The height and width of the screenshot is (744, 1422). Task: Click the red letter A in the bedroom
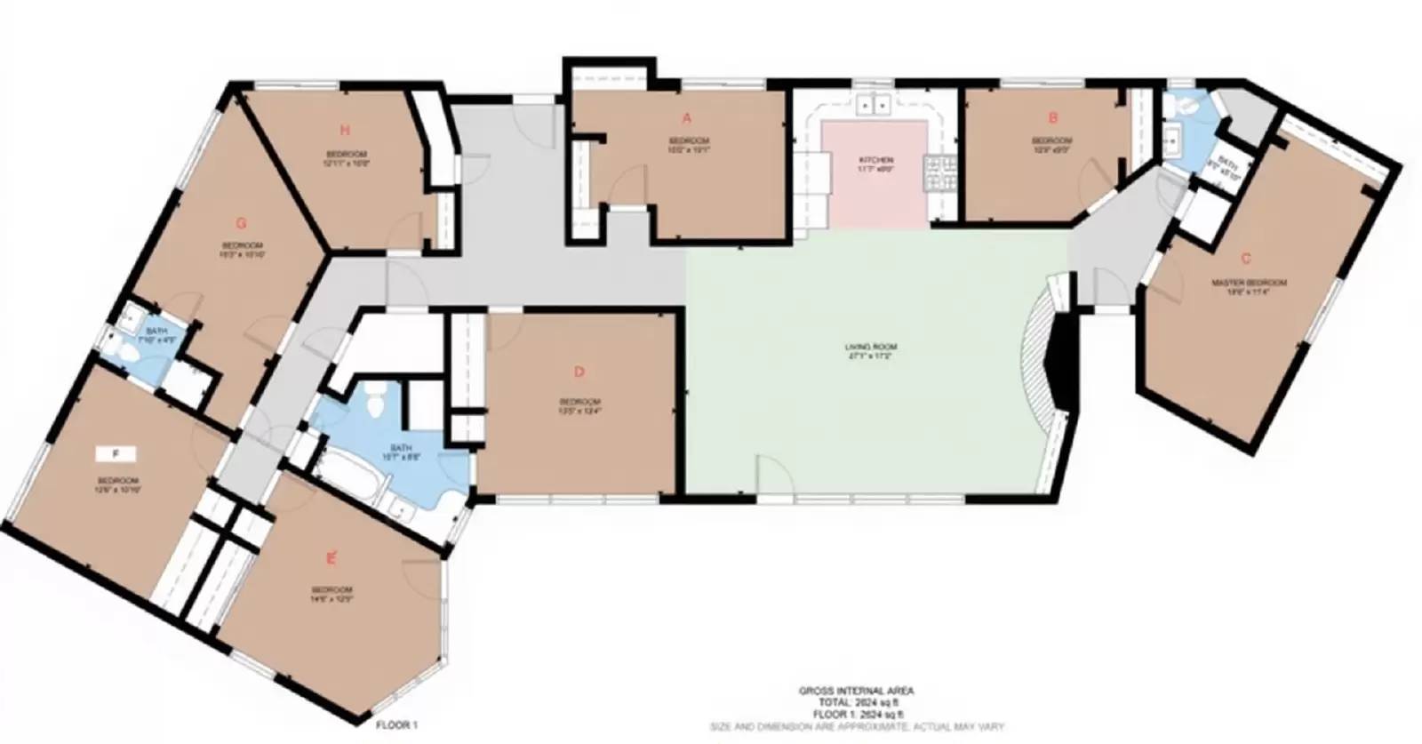(686, 118)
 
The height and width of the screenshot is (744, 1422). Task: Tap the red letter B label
(1053, 117)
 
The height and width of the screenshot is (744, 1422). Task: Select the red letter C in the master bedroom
(1246, 259)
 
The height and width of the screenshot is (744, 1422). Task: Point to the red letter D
(579, 372)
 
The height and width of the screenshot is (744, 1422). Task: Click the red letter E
(332, 558)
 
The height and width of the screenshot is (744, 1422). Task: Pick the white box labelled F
(116, 454)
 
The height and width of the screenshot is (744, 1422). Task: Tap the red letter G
(241, 223)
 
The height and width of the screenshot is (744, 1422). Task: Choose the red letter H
(344, 132)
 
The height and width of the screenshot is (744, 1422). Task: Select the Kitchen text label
(875, 160)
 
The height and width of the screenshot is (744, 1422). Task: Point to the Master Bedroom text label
(1249, 284)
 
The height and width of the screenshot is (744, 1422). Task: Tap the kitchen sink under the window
(875, 106)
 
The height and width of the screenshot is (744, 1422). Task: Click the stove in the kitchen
(941, 172)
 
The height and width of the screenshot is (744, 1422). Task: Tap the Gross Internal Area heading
(855, 691)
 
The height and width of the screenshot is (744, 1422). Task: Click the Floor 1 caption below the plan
(396, 725)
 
